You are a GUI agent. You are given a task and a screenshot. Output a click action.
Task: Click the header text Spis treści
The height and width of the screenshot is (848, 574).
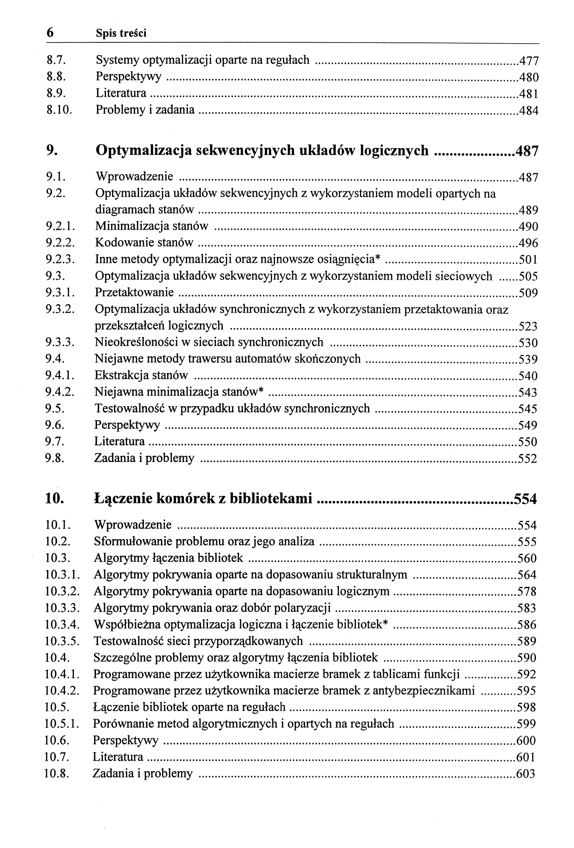[121, 34]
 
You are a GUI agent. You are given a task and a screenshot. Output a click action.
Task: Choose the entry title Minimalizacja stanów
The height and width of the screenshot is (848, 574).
[152, 226]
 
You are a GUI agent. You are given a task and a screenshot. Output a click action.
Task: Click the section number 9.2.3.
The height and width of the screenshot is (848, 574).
[60, 259]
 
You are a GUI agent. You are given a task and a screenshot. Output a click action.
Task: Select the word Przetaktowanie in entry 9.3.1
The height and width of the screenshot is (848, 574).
[134, 292]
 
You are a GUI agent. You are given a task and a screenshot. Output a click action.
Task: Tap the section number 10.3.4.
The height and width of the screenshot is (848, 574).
[62, 624]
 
